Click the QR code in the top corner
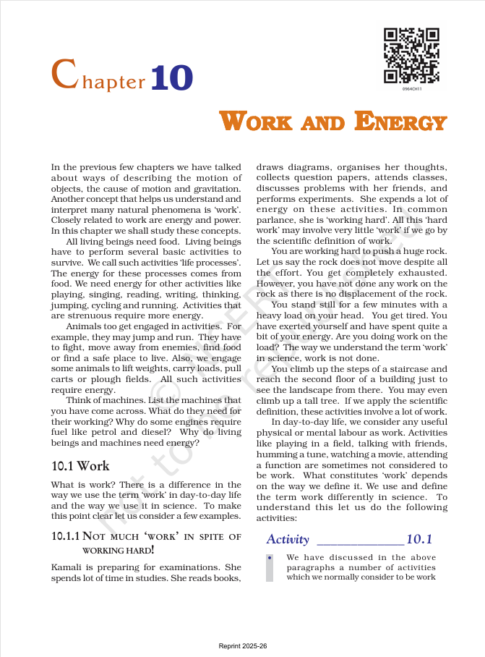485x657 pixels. [x=411, y=56]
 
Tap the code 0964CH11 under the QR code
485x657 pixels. [x=412, y=89]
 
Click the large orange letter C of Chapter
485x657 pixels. [x=64, y=75]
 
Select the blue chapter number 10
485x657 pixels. [x=171, y=77]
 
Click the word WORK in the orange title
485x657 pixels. [x=257, y=122]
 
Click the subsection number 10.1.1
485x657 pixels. [x=65, y=536]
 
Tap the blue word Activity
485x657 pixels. [x=288, y=539]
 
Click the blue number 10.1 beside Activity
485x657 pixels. [x=419, y=539]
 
